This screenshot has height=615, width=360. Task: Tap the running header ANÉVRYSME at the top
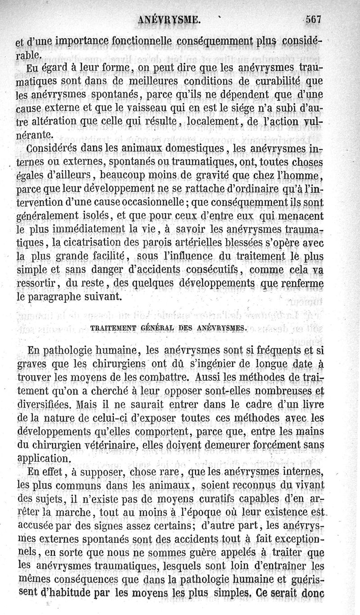pyautogui.click(x=170, y=20)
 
